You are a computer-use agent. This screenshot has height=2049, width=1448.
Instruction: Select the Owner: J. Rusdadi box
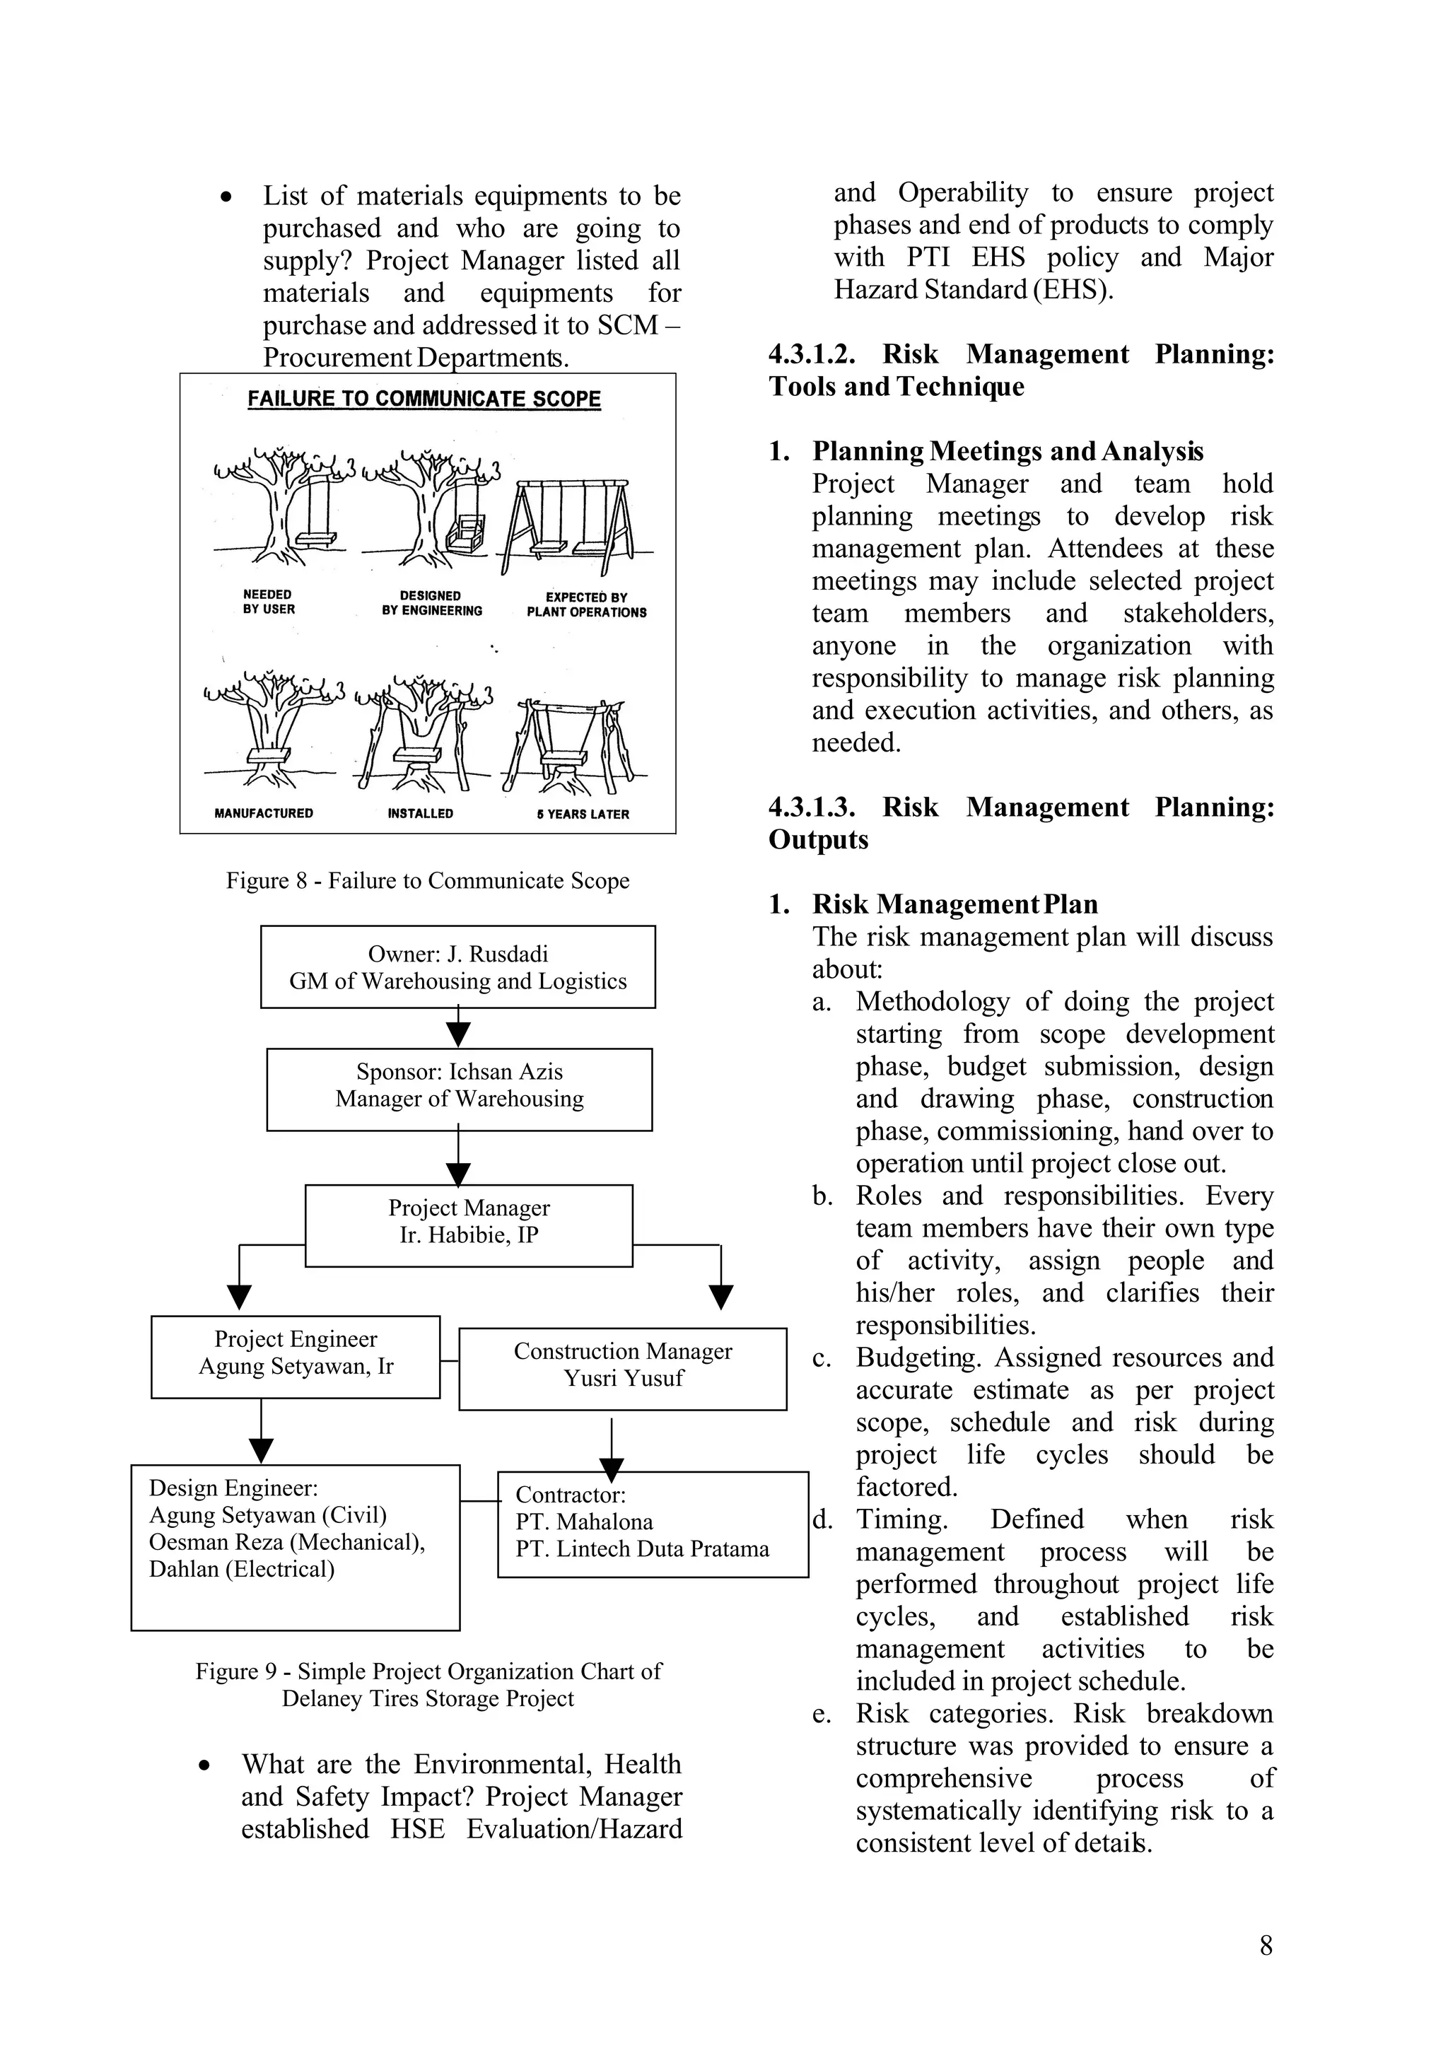coord(457,967)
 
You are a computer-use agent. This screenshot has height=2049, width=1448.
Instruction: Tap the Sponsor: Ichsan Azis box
coord(459,1089)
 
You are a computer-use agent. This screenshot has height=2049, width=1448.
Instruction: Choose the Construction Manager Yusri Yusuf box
coord(623,1369)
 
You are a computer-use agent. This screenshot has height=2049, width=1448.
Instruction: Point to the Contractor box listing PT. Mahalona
coord(652,1524)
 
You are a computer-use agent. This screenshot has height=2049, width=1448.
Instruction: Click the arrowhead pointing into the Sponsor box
coord(457,1034)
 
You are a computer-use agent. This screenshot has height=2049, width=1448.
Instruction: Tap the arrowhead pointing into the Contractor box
coord(611,1470)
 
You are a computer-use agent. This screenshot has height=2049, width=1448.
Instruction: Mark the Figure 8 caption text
coord(427,881)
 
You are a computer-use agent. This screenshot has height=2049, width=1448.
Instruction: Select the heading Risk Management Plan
coord(954,904)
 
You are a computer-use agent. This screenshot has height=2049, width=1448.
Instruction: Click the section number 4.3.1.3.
coord(811,807)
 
